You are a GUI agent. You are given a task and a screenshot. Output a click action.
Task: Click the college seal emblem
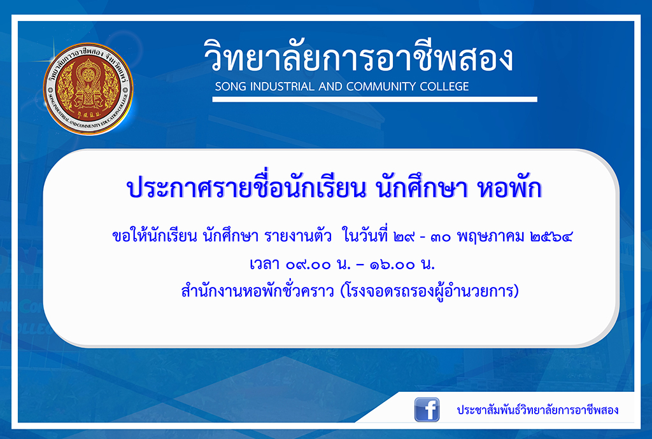(x=88, y=88)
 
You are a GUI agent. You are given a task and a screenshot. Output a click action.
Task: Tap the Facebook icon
(x=427, y=410)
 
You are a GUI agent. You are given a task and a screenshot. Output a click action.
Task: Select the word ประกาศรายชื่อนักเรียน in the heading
(x=246, y=187)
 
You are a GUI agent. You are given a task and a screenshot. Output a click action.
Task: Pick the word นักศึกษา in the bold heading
(x=422, y=187)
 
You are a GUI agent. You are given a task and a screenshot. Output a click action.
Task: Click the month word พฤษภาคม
(x=491, y=237)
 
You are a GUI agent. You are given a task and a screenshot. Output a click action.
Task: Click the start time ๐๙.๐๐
(x=308, y=265)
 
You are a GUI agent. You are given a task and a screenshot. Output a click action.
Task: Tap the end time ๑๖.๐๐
(x=392, y=265)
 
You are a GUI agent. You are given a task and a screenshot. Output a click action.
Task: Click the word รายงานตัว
(x=298, y=236)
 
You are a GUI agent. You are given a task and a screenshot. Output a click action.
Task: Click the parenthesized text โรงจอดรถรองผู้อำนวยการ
(x=430, y=291)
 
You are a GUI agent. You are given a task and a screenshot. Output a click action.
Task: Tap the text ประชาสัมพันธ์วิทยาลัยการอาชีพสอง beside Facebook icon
(x=537, y=410)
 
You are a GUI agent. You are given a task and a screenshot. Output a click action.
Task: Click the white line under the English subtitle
(x=374, y=99)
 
